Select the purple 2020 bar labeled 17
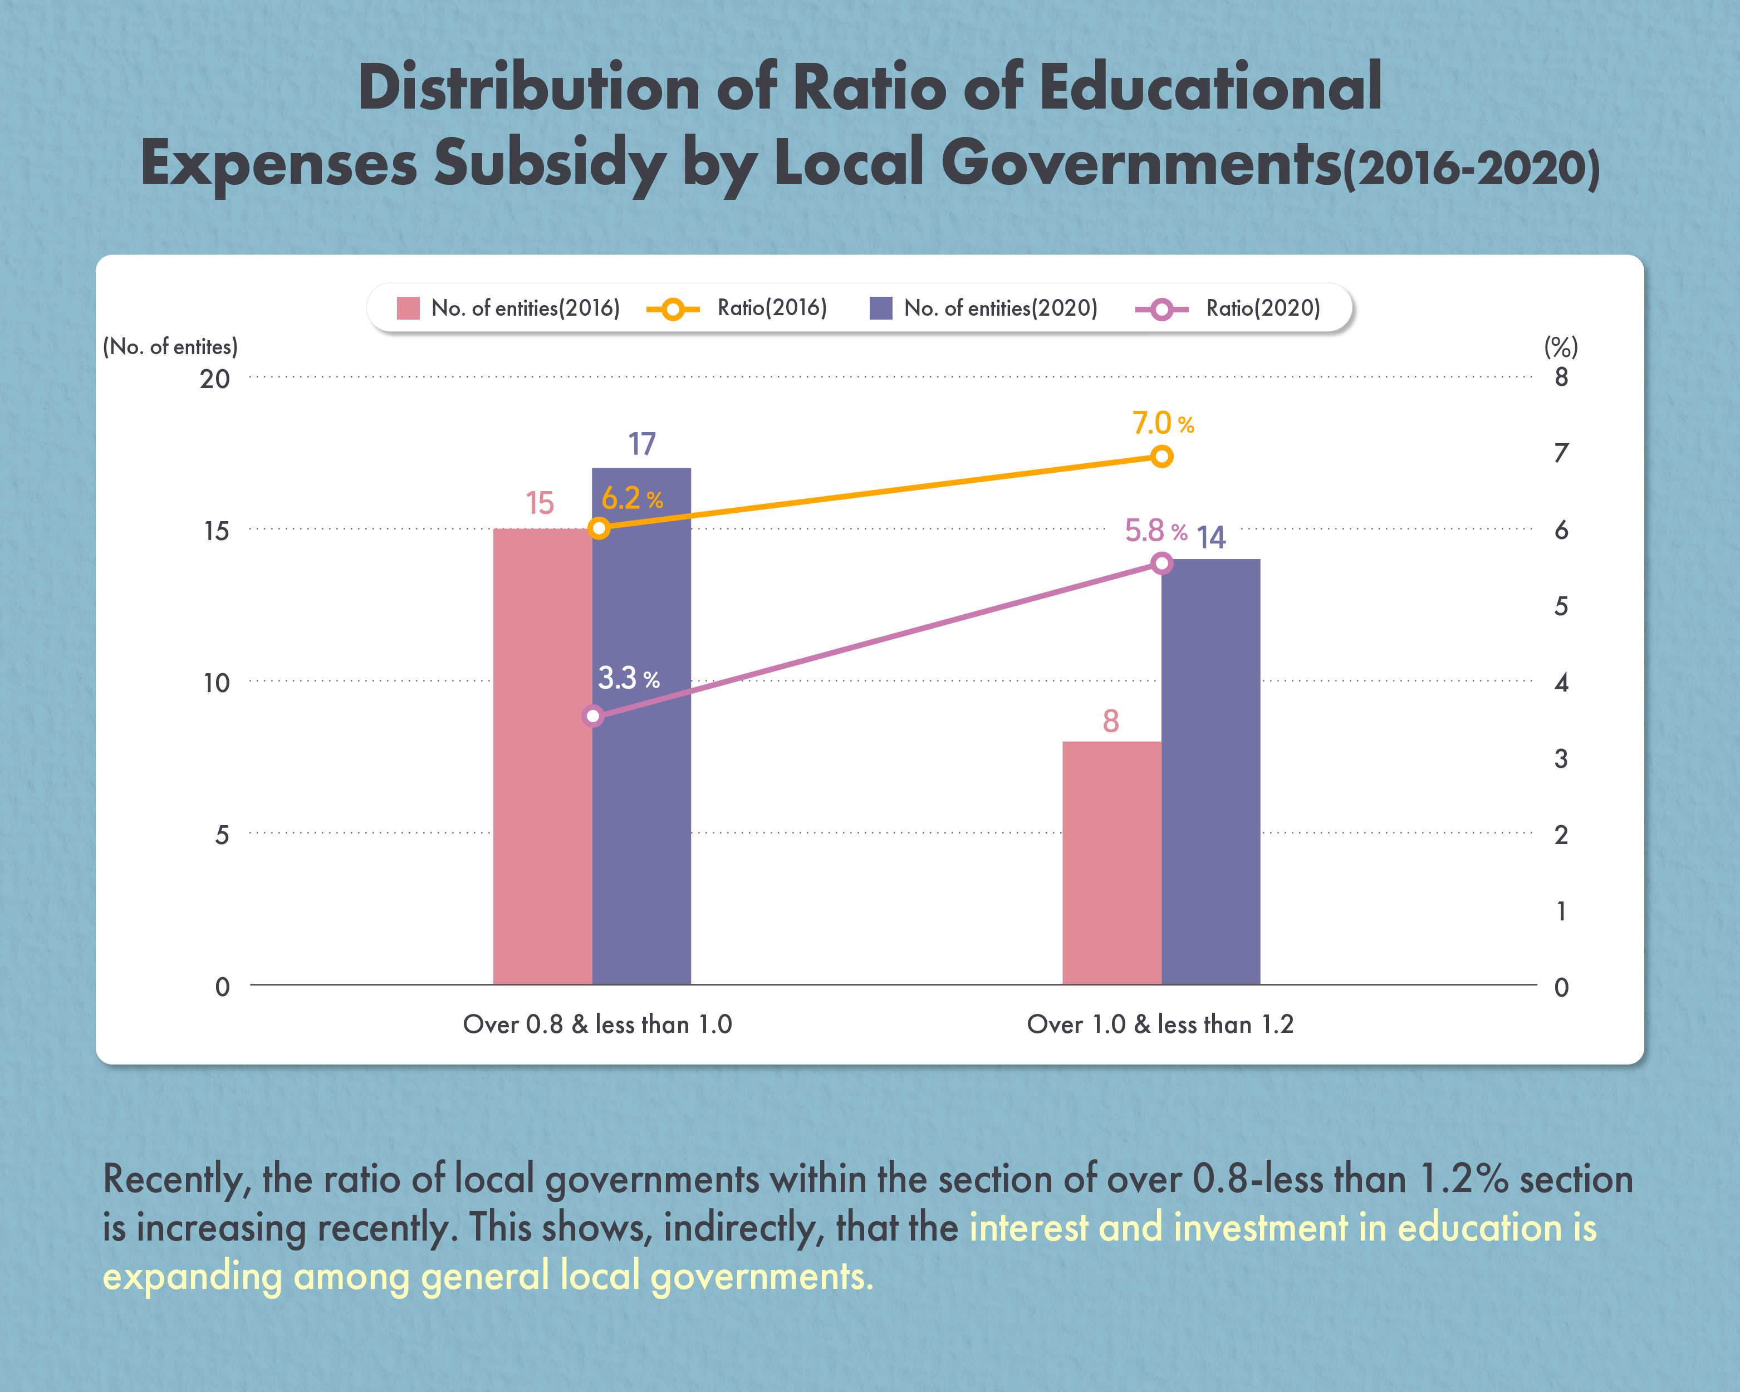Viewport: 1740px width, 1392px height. (x=641, y=726)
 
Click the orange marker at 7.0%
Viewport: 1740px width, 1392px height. (x=1161, y=457)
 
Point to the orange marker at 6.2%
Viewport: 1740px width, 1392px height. (x=599, y=528)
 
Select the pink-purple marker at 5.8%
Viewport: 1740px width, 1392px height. (x=1161, y=563)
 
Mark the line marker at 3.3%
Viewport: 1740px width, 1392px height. (x=593, y=716)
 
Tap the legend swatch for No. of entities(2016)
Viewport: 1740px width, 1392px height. (x=408, y=308)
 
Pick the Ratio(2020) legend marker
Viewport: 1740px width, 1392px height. (x=1161, y=309)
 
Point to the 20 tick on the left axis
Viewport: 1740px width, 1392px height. (x=215, y=379)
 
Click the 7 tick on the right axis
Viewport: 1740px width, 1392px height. (x=1561, y=453)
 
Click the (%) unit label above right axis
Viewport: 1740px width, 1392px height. (x=1561, y=347)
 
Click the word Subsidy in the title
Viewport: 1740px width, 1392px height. (x=549, y=163)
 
